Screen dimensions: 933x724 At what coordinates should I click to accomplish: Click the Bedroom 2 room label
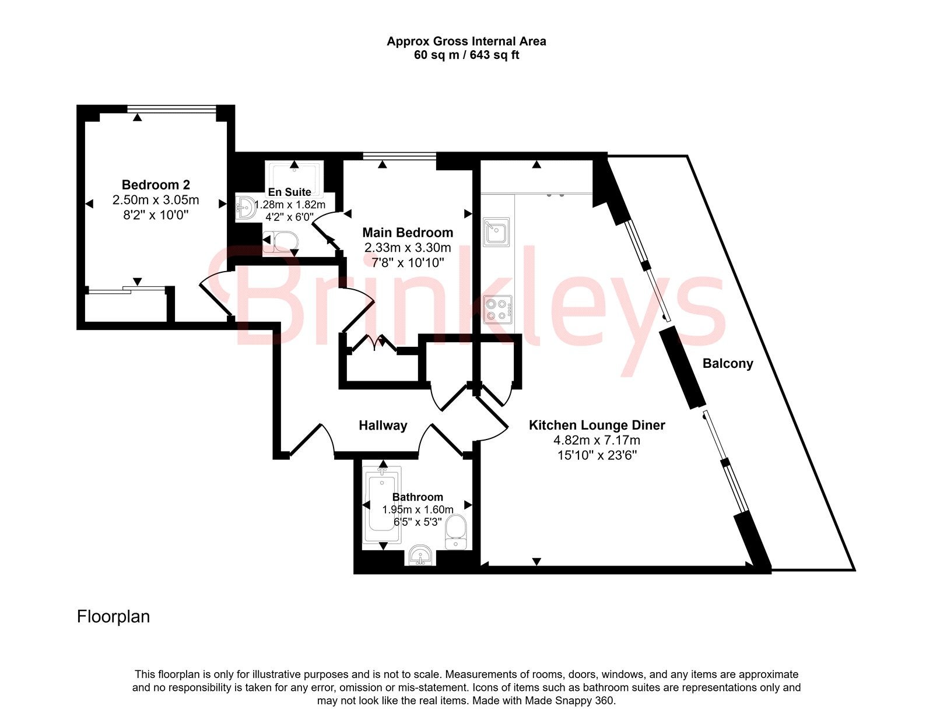click(156, 185)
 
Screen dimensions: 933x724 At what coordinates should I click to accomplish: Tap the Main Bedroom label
click(408, 233)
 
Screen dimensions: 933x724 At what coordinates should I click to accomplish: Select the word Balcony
click(728, 364)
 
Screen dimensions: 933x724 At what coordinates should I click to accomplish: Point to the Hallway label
click(383, 426)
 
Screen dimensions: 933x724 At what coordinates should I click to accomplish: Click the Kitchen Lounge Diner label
click(597, 426)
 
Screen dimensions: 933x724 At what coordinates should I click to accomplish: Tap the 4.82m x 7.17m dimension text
click(597, 440)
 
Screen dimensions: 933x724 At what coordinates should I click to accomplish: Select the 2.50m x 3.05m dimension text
click(156, 200)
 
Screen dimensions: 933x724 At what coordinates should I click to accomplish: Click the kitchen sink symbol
click(496, 232)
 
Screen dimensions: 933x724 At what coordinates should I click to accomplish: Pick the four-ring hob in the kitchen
click(497, 310)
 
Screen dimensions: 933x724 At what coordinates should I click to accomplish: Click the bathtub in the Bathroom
click(382, 505)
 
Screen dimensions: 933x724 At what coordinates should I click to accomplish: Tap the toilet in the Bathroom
click(455, 532)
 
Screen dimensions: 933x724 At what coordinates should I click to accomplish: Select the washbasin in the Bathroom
click(420, 556)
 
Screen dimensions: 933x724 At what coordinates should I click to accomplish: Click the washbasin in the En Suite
click(245, 209)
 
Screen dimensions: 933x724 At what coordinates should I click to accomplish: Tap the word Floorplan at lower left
click(113, 617)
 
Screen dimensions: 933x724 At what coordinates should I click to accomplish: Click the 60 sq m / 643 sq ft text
click(466, 55)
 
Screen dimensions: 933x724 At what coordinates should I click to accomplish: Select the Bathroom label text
click(418, 497)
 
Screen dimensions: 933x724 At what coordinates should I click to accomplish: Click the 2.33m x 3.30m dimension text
click(408, 248)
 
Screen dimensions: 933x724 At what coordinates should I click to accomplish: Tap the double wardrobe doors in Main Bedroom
click(374, 343)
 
